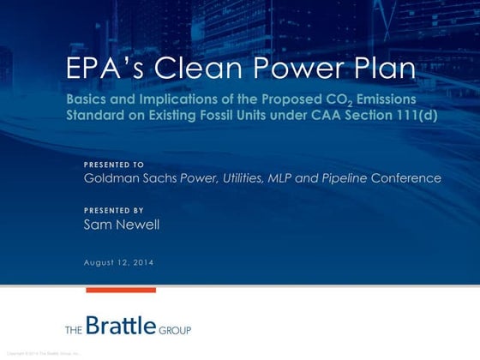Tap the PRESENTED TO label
click(x=113, y=164)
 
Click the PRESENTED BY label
click(x=113, y=210)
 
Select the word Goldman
click(x=111, y=178)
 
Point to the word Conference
click(x=410, y=178)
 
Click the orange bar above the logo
click(x=121, y=291)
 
